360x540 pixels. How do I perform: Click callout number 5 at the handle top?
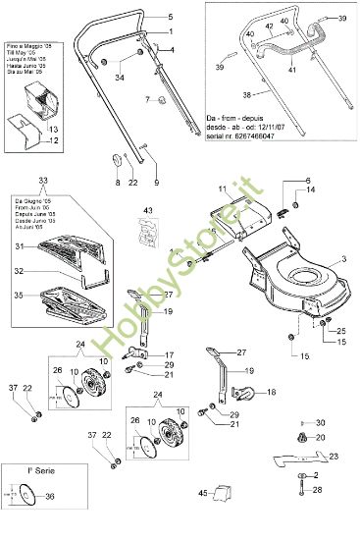tap(169, 19)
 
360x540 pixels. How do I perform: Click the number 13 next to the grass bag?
tap(54, 130)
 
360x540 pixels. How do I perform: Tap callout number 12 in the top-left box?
tap(54, 141)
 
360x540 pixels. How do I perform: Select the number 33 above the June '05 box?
tap(40, 182)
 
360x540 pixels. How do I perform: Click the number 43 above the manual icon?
tap(149, 210)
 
